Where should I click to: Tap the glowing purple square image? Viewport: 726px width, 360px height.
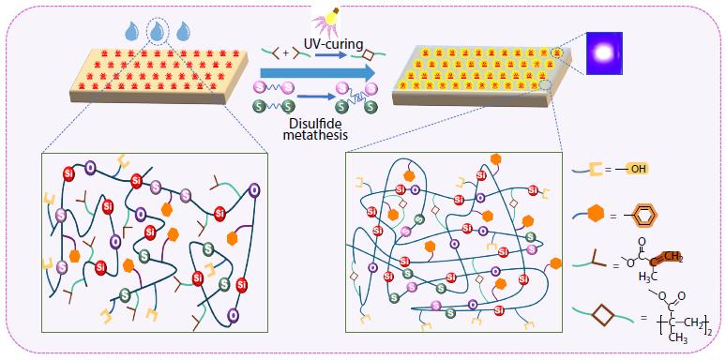[x=604, y=52]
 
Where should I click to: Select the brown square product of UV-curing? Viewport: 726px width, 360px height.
[x=370, y=53]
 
